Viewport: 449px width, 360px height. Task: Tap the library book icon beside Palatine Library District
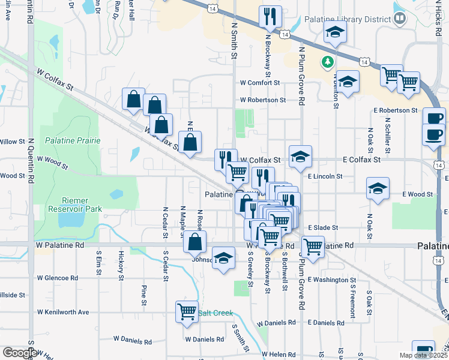point(400,19)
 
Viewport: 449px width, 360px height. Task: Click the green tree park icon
point(327,61)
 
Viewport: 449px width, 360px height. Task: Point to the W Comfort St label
point(260,83)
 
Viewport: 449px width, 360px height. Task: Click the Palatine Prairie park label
point(72,140)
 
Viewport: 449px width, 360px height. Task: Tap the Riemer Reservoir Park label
point(75,205)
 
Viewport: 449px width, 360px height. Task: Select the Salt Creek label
point(215,313)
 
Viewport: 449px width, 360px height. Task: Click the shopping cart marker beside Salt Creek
point(187,311)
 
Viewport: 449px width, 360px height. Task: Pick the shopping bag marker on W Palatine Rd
point(194,242)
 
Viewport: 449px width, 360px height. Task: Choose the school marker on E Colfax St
point(300,157)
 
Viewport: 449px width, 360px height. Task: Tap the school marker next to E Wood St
point(376,188)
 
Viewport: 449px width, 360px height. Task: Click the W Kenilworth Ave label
point(62,313)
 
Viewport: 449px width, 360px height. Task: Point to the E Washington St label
point(332,280)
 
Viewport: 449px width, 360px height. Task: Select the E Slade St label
point(324,228)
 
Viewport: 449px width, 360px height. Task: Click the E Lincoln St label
point(325,177)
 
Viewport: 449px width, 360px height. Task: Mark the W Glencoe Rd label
point(58,278)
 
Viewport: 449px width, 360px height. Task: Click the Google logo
point(19,353)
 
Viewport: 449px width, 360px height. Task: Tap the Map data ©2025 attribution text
point(424,355)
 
